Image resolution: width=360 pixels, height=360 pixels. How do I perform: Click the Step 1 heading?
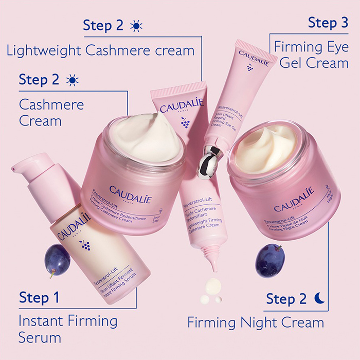(x=39, y=297)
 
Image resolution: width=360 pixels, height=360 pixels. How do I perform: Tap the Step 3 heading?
(x=328, y=23)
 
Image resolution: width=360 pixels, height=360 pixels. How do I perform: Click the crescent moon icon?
(x=319, y=298)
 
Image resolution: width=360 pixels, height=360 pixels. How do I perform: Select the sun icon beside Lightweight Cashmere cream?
(x=136, y=26)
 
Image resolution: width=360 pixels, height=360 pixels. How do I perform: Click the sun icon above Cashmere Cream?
(x=73, y=80)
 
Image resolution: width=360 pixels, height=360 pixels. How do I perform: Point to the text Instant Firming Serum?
(x=67, y=329)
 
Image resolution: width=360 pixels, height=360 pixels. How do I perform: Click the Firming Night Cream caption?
(x=256, y=322)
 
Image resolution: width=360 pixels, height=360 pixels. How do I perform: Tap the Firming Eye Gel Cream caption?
(x=311, y=55)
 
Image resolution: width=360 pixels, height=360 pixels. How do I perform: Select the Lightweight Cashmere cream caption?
(x=100, y=50)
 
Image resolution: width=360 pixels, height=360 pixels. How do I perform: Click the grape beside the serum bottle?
(x=56, y=260)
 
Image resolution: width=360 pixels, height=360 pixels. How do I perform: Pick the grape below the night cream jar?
(x=269, y=260)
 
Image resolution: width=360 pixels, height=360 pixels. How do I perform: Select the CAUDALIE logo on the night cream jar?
(x=294, y=200)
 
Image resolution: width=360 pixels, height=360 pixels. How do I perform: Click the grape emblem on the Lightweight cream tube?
(x=185, y=122)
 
